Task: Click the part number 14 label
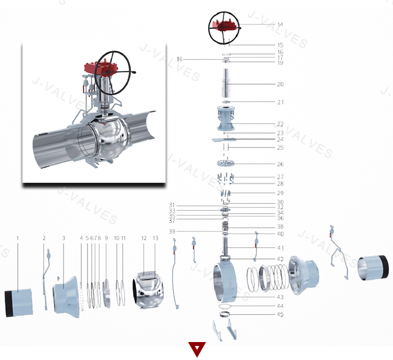(280, 25)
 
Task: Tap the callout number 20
(280, 85)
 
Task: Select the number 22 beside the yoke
(280, 124)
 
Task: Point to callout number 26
(280, 164)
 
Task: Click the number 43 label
(280, 297)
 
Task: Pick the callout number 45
(280, 315)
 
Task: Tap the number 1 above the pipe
(17, 238)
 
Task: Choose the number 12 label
(144, 238)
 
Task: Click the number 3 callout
(63, 238)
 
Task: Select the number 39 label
(172, 232)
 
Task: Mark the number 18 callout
(180, 59)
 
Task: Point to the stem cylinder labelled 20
(228, 85)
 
